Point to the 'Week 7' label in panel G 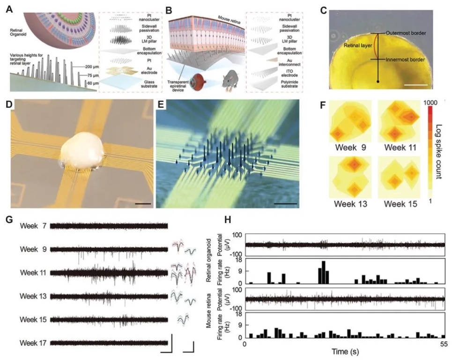coord(33,226)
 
